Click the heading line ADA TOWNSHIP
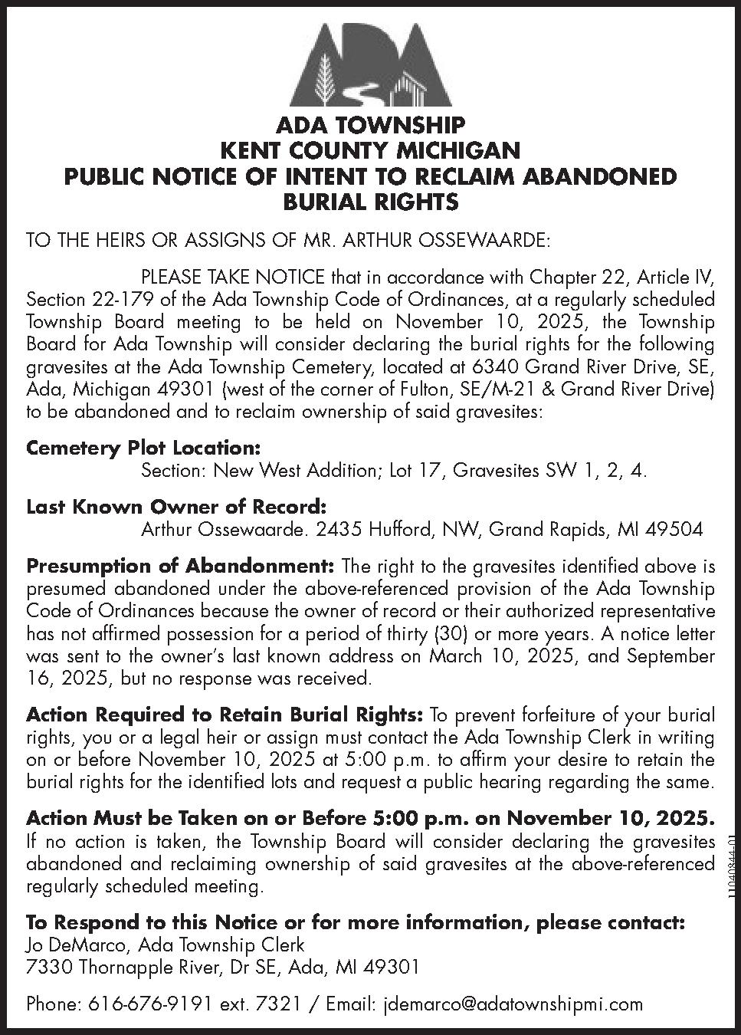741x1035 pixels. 370,125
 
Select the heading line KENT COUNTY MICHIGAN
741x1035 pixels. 370,150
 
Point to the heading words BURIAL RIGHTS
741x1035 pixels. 370,202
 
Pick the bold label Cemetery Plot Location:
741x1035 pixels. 143,447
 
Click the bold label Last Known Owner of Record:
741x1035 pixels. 176,507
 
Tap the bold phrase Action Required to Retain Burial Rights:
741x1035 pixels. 224,715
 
